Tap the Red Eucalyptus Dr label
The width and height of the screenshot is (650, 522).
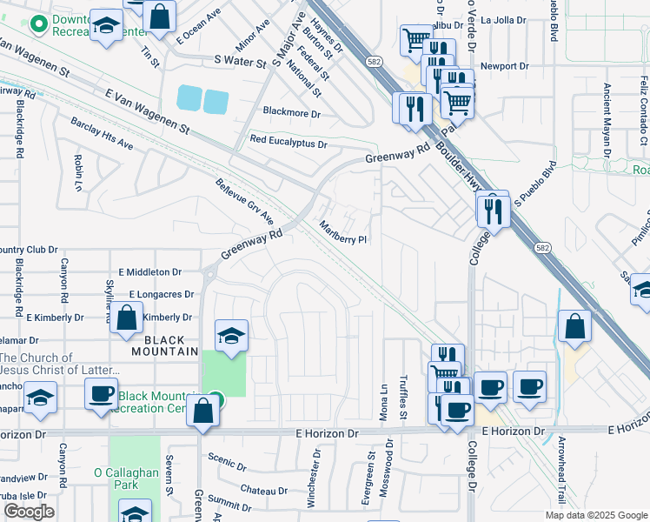tap(288, 140)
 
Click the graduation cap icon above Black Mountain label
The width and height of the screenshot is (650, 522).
tap(232, 336)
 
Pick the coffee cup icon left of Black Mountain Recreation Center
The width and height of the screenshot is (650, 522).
tap(101, 392)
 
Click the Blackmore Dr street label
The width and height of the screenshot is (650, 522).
tap(292, 113)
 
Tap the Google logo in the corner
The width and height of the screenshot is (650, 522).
tap(29, 512)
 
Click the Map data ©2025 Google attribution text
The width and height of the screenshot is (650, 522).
tap(595, 515)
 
